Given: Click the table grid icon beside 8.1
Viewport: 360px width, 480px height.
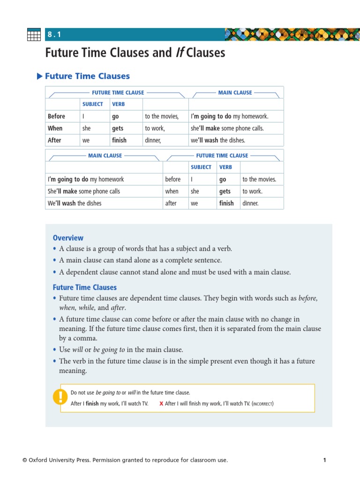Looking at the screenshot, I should (34, 35).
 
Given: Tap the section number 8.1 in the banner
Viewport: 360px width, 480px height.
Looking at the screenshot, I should (54, 35).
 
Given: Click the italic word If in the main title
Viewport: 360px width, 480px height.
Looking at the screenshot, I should (179, 52).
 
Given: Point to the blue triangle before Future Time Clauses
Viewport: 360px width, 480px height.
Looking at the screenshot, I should (39, 76).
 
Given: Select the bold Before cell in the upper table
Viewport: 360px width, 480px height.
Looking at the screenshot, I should (56, 116).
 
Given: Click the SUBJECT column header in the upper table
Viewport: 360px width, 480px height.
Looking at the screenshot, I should (92, 104).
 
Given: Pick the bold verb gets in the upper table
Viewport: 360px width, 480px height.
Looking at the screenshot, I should (118, 128).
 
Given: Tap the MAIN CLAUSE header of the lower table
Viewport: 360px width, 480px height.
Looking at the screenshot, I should (105, 156).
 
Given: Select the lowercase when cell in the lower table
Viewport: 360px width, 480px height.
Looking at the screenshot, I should (172, 191).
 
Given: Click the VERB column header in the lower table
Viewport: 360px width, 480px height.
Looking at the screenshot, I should (225, 167).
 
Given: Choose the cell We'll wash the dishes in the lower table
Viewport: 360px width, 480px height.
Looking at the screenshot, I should (75, 203).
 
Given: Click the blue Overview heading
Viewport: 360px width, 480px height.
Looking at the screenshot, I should (68, 238).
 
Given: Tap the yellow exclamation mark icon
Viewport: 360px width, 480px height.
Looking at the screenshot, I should (60, 397).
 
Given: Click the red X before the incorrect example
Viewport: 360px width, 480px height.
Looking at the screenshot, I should (161, 404).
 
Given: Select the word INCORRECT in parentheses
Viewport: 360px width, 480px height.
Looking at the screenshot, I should (262, 404).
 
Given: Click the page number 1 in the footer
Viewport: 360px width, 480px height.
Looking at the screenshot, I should (324, 460).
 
